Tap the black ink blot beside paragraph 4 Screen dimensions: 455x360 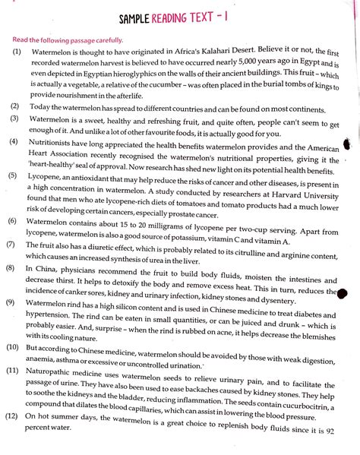[348, 144]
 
